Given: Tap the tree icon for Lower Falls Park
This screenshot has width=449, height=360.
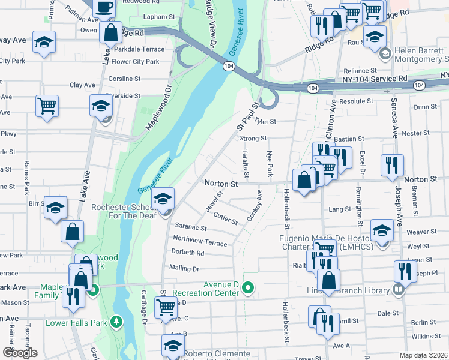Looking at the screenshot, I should coord(117,323).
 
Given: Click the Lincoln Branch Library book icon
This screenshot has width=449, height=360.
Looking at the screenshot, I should coord(397,290).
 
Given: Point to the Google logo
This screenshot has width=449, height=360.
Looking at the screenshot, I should coord(19,353).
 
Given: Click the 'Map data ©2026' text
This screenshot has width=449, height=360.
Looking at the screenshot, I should coord(424,355).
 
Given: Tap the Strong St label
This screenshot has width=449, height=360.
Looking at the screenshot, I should coord(253,139).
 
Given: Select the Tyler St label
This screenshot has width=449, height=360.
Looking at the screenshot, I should coord(265,121).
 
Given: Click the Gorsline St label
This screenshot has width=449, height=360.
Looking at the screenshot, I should coord(124,79).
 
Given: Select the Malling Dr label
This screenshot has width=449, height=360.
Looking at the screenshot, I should coord(184,268).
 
